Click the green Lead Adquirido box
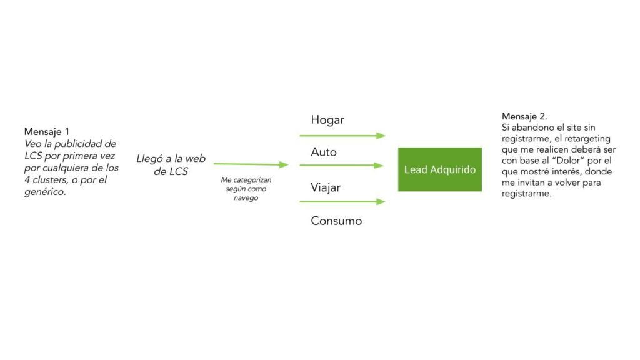pyautogui.click(x=440, y=169)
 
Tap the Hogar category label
pyautogui.click(x=327, y=120)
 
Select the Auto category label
pyautogui.click(x=324, y=152)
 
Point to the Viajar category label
pyautogui.click(x=326, y=187)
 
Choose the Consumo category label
pyautogui.click(x=336, y=221)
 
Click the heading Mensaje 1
pyautogui.click(x=47, y=132)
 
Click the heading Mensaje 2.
pyautogui.click(x=524, y=117)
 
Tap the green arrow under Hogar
pyautogui.click(x=342, y=135)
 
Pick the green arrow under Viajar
pyautogui.click(x=342, y=202)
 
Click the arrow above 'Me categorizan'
pyautogui.click(x=251, y=164)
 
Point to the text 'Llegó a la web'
pyautogui.click(x=171, y=159)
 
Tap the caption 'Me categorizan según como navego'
pyautogui.click(x=242, y=189)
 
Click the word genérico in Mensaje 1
pyautogui.click(x=44, y=192)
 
